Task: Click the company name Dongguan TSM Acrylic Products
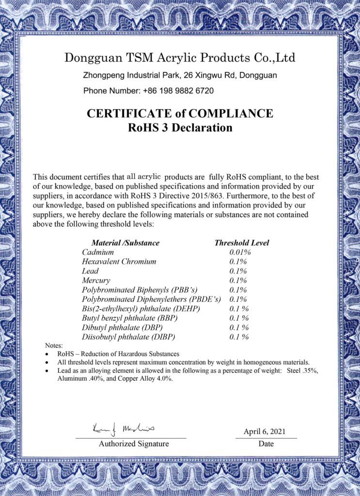179,59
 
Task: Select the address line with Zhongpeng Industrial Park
180,76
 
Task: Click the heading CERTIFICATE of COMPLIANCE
180,114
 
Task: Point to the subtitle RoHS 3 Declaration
180,128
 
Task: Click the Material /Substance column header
125,243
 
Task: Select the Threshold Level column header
241,243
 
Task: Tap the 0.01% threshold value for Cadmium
239,252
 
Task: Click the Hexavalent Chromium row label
119,262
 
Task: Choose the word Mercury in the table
96,280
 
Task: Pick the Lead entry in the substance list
90,271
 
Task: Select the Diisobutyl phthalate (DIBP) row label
128,336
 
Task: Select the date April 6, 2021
265,431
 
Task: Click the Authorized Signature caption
134,444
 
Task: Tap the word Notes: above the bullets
54,346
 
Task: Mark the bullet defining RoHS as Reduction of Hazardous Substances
118,354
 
